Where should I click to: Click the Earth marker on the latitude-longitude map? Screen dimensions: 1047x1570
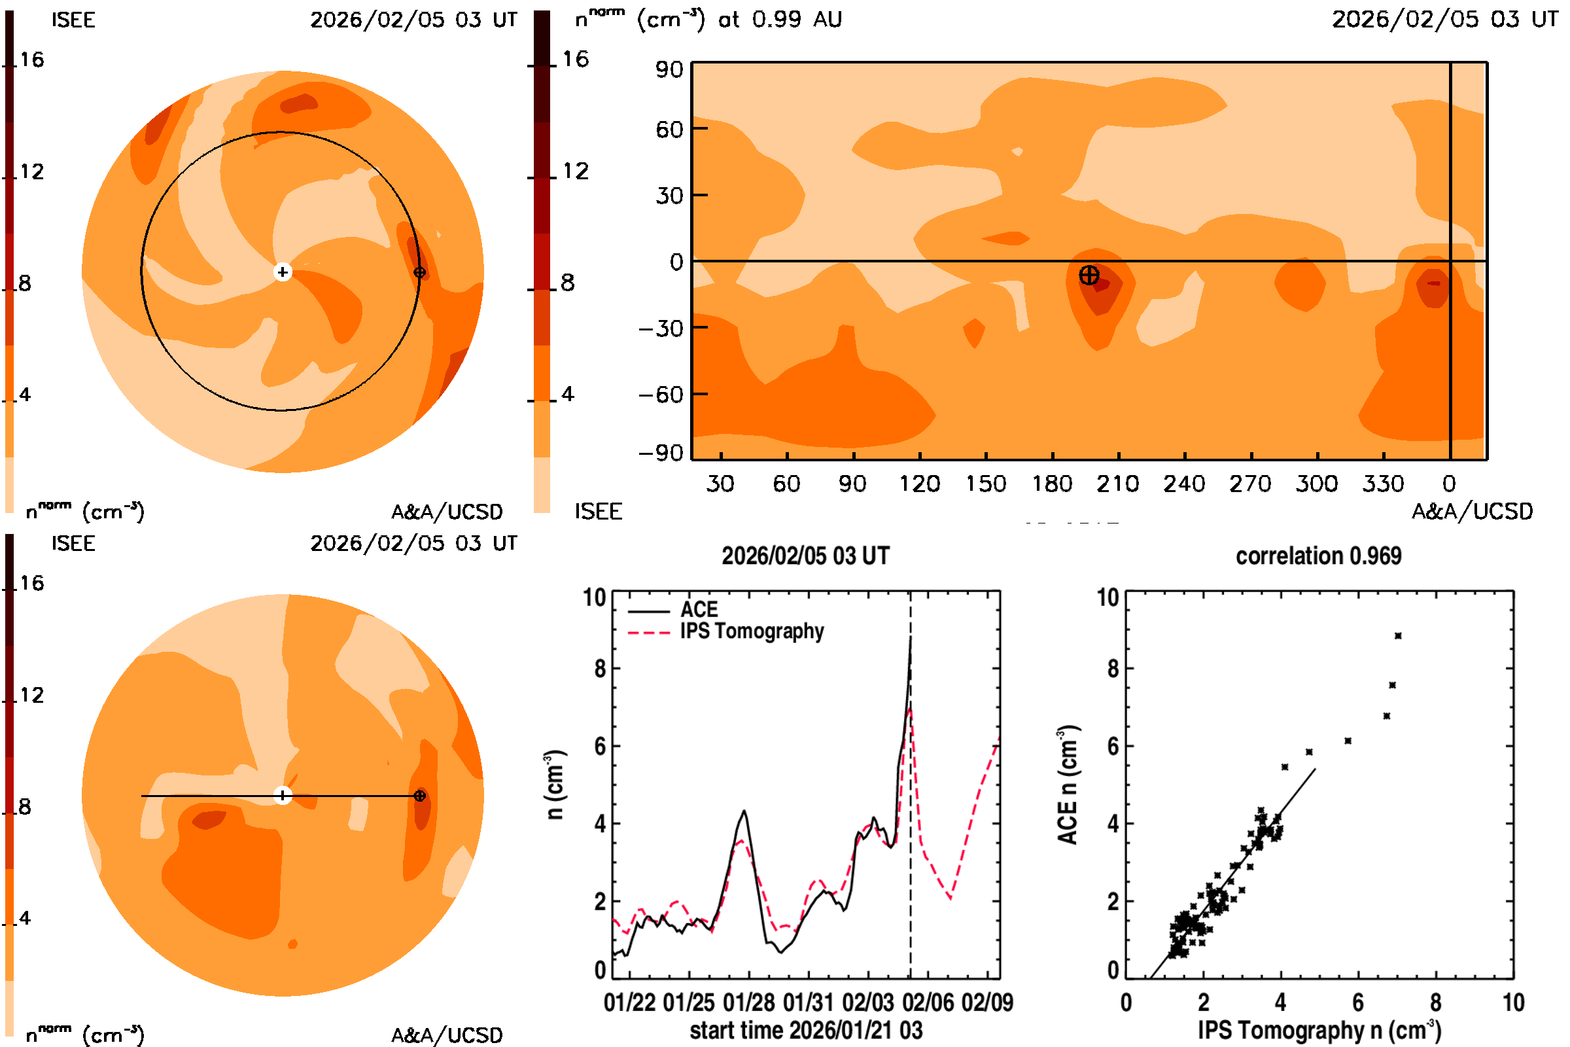click(x=1089, y=275)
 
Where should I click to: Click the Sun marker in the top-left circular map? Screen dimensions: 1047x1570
click(x=283, y=272)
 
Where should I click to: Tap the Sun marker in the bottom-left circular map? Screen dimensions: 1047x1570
click(x=283, y=795)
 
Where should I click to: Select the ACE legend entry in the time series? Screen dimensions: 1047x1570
click(x=698, y=610)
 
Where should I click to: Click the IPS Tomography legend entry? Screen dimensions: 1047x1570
click(x=752, y=631)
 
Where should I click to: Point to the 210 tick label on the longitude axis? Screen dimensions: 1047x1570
click(x=1117, y=484)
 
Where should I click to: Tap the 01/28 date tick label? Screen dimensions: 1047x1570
click(x=749, y=1003)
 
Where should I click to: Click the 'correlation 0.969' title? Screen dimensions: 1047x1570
click(x=1318, y=556)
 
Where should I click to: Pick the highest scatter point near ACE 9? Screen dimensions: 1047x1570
click(x=1398, y=635)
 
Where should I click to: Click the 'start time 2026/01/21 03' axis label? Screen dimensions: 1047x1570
click(x=806, y=1030)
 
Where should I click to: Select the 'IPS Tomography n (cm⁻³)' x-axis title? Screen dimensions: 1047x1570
click(x=1319, y=1030)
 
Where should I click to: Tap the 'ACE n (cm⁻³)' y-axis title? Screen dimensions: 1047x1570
click(x=1068, y=785)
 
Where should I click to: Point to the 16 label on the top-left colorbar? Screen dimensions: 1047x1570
click(x=31, y=60)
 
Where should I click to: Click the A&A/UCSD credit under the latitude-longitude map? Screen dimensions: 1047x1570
click(x=1472, y=512)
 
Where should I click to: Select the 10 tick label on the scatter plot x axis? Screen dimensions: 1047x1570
click(x=1513, y=1003)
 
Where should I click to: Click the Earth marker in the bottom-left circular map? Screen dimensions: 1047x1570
click(x=420, y=795)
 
